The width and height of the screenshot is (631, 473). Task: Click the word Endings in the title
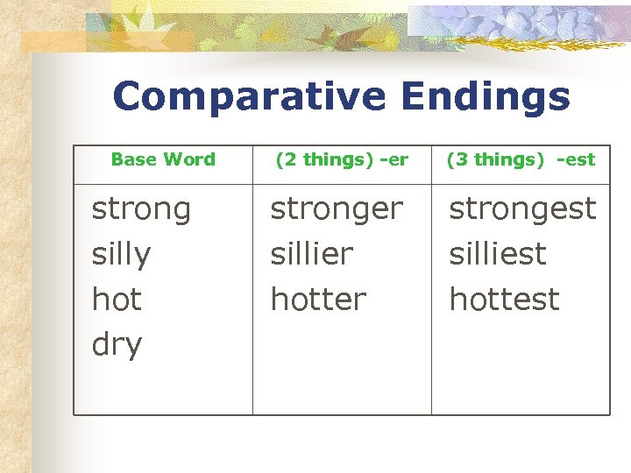[486, 97]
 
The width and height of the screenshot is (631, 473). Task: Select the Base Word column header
[163, 159]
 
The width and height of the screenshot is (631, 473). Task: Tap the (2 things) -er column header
[342, 159]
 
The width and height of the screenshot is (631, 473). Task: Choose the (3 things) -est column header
[521, 159]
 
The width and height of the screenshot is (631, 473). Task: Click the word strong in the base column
[141, 210]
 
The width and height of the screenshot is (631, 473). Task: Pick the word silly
[121, 256]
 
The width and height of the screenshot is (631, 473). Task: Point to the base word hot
[117, 300]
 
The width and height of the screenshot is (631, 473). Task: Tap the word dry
[117, 346]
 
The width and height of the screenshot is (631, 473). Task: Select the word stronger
[337, 210]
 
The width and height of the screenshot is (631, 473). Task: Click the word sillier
[311, 255]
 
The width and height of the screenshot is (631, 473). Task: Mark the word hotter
[318, 300]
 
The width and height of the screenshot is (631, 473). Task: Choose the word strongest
[522, 208]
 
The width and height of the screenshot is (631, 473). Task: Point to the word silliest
[497, 255]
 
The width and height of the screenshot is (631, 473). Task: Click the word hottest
[504, 300]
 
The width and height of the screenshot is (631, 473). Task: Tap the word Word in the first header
[189, 159]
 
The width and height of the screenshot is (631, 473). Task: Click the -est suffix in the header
[576, 159]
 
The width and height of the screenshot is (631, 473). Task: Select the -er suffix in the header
[394, 159]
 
